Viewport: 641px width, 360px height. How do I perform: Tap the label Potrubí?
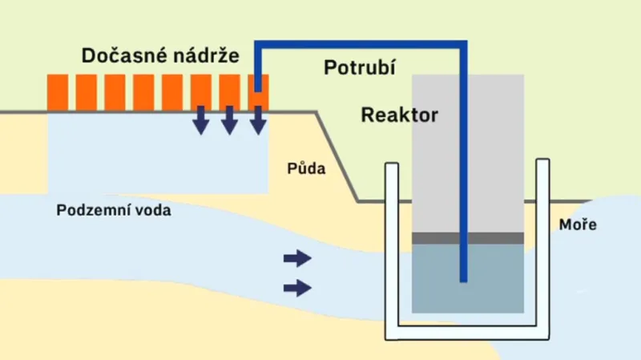[x=360, y=67]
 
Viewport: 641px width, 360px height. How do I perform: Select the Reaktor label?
[x=399, y=115]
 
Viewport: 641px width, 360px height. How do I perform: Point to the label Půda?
[x=306, y=168]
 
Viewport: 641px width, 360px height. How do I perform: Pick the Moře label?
[x=578, y=224]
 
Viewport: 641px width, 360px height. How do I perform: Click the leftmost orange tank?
[x=58, y=92]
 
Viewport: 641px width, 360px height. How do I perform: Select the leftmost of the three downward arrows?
[x=201, y=120]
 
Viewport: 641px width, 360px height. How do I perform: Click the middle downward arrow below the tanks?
[x=230, y=120]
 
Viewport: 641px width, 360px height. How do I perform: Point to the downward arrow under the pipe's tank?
[x=258, y=120]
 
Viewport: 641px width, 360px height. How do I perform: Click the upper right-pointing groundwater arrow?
[x=297, y=258]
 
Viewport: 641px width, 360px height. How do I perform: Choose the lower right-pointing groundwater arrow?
[x=297, y=288]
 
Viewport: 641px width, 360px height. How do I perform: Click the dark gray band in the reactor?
[x=468, y=238]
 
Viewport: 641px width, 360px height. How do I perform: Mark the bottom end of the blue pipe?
[x=463, y=281]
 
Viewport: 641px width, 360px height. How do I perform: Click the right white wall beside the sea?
[x=542, y=245]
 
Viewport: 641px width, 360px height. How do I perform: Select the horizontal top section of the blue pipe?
[x=361, y=44]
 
